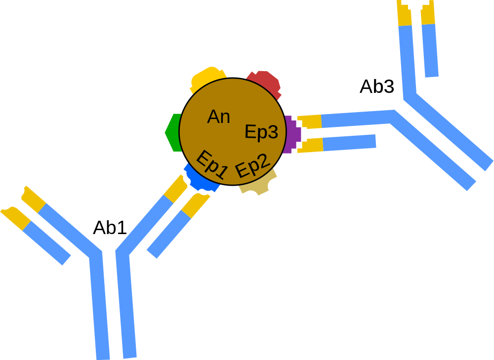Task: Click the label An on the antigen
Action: (x=218, y=117)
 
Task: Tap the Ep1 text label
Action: (x=211, y=164)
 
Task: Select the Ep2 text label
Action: (x=252, y=165)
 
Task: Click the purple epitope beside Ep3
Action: (x=291, y=133)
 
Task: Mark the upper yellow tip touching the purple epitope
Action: (x=310, y=121)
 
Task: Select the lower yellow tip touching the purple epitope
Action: (x=311, y=145)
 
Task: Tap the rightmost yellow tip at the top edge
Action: (x=428, y=14)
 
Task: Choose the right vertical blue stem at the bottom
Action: (x=126, y=306)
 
